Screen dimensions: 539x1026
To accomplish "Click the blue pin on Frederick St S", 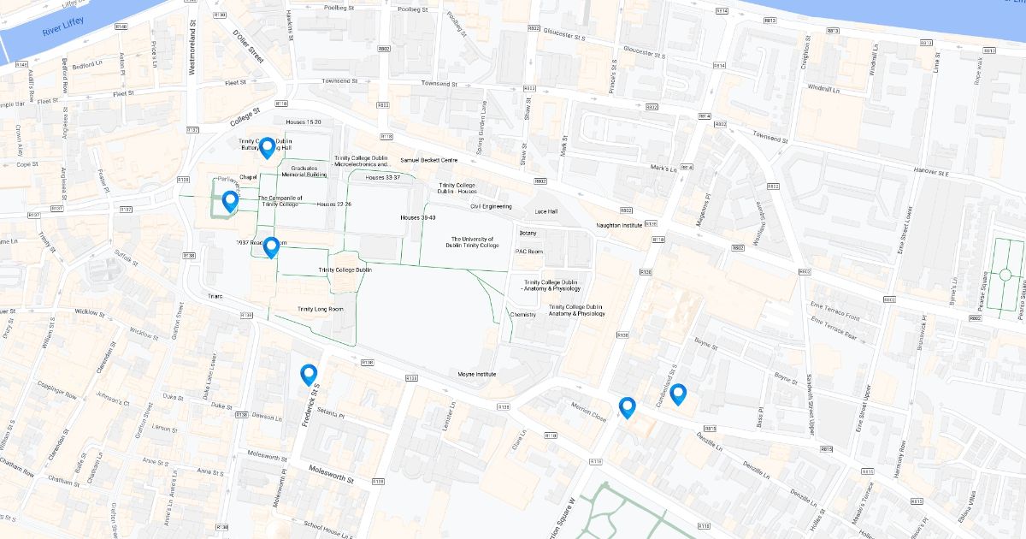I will (x=309, y=375).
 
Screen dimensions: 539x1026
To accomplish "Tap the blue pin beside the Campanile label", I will (x=230, y=202).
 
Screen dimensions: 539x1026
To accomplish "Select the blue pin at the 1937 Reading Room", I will (x=271, y=247).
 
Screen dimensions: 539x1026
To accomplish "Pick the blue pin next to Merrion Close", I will (x=628, y=407).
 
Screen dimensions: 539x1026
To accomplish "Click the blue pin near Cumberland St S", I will (x=678, y=394).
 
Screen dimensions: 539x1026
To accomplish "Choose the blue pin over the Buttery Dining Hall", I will (x=267, y=148).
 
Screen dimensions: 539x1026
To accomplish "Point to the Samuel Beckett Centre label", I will (x=428, y=160).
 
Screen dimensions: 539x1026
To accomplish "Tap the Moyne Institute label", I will (x=477, y=374).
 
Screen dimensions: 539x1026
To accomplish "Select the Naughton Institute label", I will (x=619, y=225).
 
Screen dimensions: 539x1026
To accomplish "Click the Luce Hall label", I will (x=545, y=211).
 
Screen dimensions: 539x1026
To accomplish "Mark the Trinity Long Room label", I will (x=326, y=309).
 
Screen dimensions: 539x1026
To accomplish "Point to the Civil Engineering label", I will (x=491, y=206).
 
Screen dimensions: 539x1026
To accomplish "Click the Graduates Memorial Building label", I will (x=304, y=171).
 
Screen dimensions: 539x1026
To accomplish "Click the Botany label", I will (x=528, y=233).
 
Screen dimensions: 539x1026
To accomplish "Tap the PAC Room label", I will (x=528, y=252).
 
